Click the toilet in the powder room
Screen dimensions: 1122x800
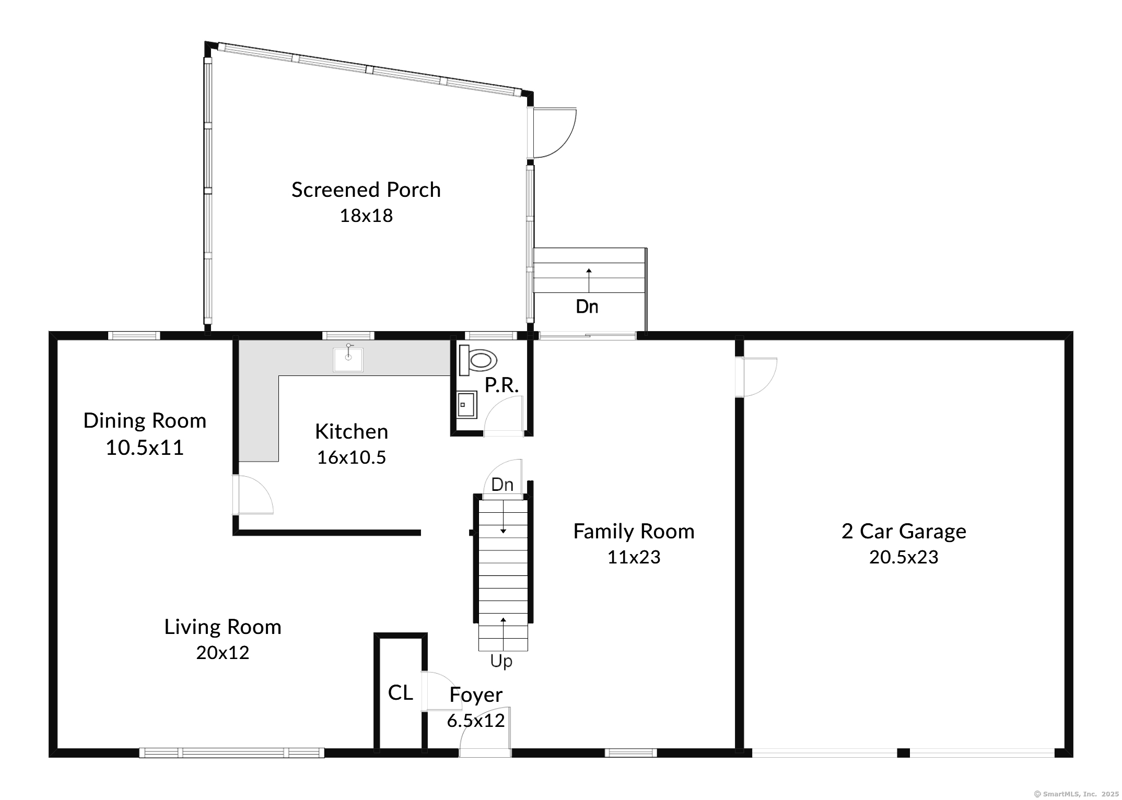tap(477, 360)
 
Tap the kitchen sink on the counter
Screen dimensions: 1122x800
tap(348, 359)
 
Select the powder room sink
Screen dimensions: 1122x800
tap(467, 405)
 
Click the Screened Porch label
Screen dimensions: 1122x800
tap(366, 190)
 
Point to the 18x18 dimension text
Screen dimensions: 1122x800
tap(366, 216)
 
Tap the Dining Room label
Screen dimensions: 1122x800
tap(145, 421)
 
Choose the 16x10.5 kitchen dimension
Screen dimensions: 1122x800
tap(352, 457)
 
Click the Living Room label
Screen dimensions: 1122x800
tap(223, 627)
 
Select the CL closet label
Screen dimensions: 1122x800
tap(401, 692)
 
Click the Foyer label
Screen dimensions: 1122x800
tap(476, 695)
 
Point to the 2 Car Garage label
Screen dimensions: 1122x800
tap(904, 531)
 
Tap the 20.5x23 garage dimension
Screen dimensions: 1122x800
tap(904, 557)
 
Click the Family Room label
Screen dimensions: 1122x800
tap(634, 531)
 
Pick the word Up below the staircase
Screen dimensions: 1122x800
tap(501, 661)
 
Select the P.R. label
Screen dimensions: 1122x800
tap(501, 385)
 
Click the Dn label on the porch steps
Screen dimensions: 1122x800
tap(587, 307)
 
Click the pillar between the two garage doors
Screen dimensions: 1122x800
tap(903, 753)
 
